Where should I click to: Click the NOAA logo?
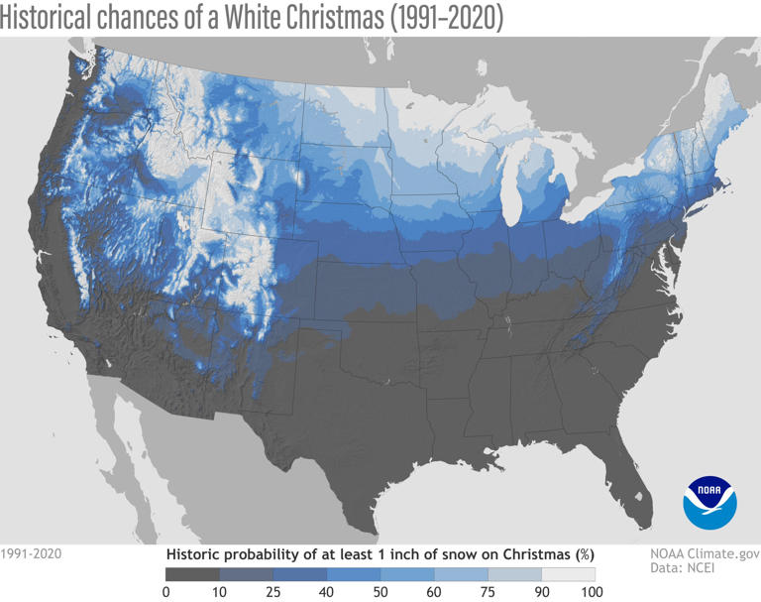(709, 502)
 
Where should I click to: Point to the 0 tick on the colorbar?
(165, 592)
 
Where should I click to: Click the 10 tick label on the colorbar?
(219, 592)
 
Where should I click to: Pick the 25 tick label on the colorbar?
(272, 592)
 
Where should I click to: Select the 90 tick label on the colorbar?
(542, 592)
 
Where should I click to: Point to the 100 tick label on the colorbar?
(594, 592)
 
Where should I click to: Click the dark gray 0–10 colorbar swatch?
(192, 573)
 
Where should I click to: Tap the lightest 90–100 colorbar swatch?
(569, 573)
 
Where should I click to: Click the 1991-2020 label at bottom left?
(31, 554)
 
